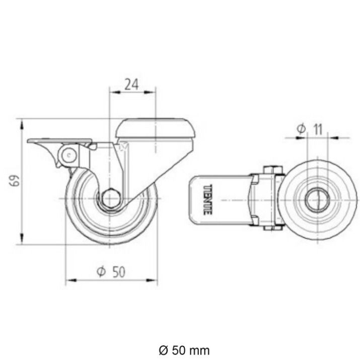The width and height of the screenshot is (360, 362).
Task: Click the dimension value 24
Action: (x=131, y=84)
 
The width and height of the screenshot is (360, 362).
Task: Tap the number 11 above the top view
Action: (x=317, y=129)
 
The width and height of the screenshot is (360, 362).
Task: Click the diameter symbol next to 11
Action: (x=301, y=129)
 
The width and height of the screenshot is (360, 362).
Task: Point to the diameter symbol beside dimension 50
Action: (x=101, y=272)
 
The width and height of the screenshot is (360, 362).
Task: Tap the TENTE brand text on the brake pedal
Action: (x=207, y=200)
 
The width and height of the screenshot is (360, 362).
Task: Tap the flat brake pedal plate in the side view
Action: (x=60, y=140)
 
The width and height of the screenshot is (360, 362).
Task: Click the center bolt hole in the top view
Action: (x=317, y=200)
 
